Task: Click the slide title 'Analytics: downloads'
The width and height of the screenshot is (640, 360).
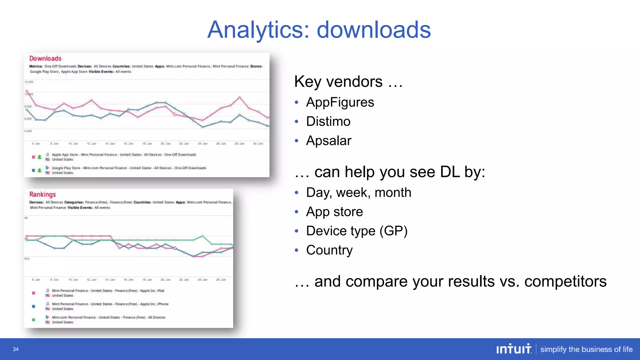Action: point(319,30)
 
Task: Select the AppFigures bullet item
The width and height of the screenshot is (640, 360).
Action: point(340,102)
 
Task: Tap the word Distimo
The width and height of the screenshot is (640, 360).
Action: point(328,121)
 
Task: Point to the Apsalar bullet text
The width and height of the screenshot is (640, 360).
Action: point(329,141)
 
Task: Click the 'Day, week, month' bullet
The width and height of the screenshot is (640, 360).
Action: point(358,192)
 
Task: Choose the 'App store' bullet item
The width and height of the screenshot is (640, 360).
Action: point(334,212)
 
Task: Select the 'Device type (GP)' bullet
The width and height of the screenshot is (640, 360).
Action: point(357,231)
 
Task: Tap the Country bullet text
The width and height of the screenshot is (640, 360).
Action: point(329,250)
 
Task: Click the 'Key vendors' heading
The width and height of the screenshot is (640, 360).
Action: point(338,82)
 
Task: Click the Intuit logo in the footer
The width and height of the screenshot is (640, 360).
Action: point(514,349)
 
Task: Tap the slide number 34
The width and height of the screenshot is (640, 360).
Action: point(16,349)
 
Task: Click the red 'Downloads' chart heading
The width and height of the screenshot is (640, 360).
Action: point(45,58)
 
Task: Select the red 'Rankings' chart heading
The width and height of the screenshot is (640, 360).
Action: point(42,194)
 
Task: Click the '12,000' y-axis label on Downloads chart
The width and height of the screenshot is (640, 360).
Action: point(29,82)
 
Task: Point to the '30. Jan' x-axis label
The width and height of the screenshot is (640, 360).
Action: point(258,143)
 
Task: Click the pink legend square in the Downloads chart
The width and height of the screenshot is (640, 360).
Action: point(33,157)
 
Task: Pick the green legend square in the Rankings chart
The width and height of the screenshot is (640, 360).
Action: point(33,320)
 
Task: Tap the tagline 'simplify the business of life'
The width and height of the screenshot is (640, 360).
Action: point(586,349)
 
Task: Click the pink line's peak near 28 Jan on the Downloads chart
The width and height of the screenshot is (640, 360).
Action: point(240,97)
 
